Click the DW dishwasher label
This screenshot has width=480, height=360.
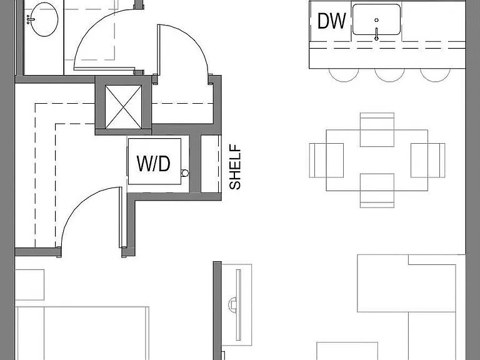click(331, 21)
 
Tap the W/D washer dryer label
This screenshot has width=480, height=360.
click(153, 164)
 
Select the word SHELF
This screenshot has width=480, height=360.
click(235, 167)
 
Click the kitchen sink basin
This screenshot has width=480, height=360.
click(376, 19)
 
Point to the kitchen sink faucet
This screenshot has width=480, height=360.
click(376, 34)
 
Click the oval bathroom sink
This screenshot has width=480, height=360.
click(44, 19)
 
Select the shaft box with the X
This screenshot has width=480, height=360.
click(123, 107)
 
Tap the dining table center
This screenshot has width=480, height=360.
click(377, 160)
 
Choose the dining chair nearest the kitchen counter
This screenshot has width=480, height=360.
click(377, 129)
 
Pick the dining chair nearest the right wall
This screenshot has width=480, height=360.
click(427, 160)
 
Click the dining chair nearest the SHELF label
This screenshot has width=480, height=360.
click(326, 160)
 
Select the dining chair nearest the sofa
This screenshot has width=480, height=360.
click(377, 191)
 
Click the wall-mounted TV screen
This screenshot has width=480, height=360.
click(239, 305)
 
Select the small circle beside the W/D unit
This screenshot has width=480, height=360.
click(185, 173)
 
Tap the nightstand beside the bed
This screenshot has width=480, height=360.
click(29, 285)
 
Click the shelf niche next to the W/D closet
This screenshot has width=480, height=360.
click(210, 164)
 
